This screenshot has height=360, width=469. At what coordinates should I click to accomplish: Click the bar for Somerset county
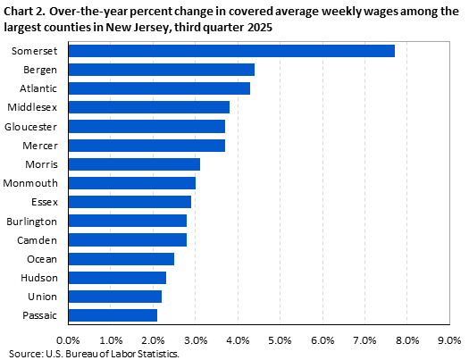pyautogui.click(x=230, y=51)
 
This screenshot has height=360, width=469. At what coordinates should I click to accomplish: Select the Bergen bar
pyautogui.click(x=161, y=70)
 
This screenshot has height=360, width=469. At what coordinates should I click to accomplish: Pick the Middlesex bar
pyautogui.click(x=148, y=107)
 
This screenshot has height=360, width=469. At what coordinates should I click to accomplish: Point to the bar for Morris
pyautogui.click(x=133, y=163)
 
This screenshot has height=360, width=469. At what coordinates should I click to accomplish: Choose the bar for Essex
pyautogui.click(x=130, y=202)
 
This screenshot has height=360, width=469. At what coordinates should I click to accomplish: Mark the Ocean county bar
pyautogui.click(x=121, y=258)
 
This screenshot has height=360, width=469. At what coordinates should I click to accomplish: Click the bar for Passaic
pyautogui.click(x=112, y=314)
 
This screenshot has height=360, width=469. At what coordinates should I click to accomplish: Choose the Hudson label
pyautogui.click(x=41, y=277)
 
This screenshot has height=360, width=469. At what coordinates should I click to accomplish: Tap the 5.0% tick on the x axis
pyautogui.click(x=280, y=339)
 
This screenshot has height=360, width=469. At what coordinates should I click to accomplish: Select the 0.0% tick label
pyautogui.click(x=68, y=339)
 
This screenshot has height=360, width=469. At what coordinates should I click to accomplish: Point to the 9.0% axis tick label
pyautogui.click(x=449, y=339)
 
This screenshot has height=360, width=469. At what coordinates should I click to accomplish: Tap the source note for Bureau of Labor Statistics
pyautogui.click(x=94, y=354)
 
